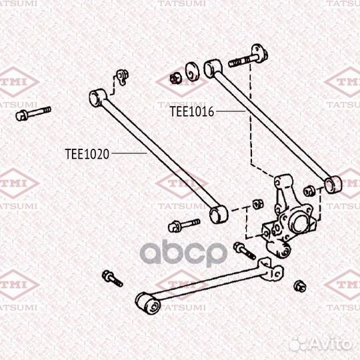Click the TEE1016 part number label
click(192, 111)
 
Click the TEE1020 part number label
click(87, 154)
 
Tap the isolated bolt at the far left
click(33, 113)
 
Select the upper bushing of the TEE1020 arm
click(97, 97)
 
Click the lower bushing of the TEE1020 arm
click(219, 214)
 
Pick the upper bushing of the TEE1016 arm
click(213, 69)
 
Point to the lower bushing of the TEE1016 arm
click(333, 185)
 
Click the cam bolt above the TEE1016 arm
click(249, 56)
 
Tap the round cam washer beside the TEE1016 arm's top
click(193, 71)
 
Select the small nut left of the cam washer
click(176, 78)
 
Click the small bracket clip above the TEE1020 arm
click(123, 77)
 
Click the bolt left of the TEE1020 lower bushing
click(184, 225)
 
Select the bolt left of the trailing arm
click(112, 278)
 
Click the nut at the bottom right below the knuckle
click(300, 286)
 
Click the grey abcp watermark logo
click(183, 253)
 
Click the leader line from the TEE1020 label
click(129, 153)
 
